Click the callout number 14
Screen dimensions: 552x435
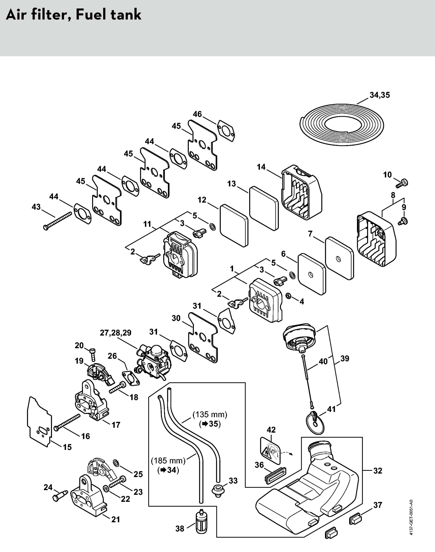click(x=261, y=167)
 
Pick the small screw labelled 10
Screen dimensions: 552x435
click(x=402, y=183)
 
